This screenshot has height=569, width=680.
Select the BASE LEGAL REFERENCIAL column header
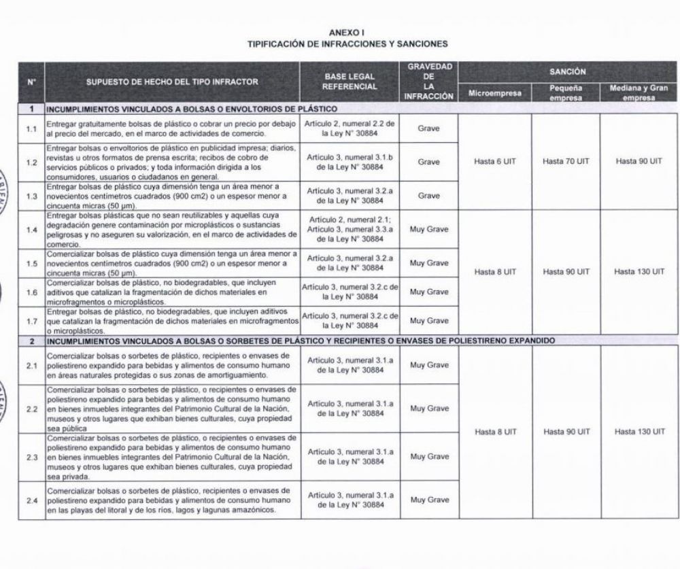(350, 82)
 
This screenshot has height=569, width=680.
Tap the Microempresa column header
(494, 92)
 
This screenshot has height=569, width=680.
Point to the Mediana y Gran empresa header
(639, 92)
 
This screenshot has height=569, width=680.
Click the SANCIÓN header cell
(567, 71)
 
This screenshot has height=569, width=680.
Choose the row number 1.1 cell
(31, 128)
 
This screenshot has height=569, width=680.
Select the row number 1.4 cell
(31, 230)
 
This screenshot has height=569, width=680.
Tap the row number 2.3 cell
(31, 457)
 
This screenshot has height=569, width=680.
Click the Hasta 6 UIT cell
(494, 162)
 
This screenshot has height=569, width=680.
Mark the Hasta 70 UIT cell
(566, 162)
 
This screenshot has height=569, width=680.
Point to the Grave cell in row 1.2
(428, 162)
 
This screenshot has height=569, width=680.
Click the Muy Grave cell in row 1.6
(428, 292)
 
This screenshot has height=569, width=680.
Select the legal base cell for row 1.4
(350, 230)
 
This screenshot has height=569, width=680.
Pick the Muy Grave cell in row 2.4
(428, 500)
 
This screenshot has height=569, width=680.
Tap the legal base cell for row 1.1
(350, 128)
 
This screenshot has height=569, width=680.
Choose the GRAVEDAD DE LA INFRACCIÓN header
(428, 82)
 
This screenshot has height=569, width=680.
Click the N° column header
(31, 82)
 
